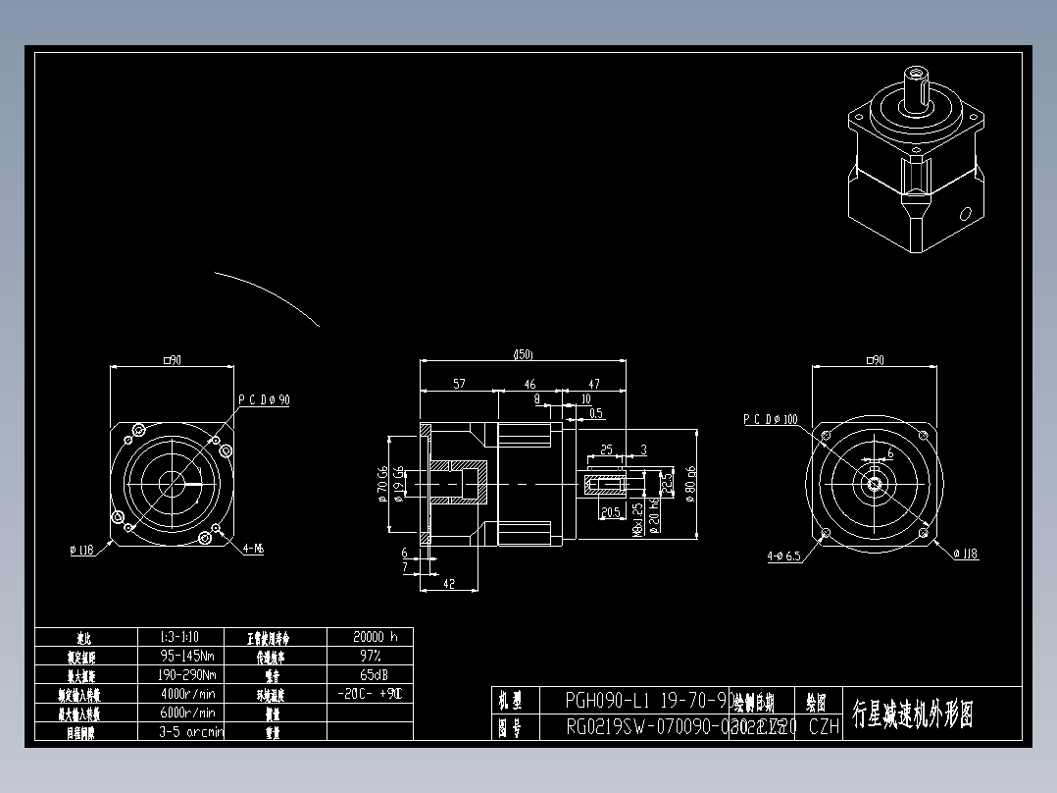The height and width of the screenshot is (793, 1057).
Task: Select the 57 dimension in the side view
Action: click(x=459, y=384)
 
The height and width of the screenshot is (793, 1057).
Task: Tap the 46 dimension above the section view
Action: click(x=529, y=384)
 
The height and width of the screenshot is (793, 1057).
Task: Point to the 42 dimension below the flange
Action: click(x=449, y=583)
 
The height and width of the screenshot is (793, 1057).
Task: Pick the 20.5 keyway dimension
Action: click(x=609, y=512)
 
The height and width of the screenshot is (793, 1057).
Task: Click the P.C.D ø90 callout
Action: click(x=264, y=399)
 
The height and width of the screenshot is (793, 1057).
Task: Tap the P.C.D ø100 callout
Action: click(x=770, y=419)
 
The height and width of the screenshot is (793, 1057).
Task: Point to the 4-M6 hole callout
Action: click(x=253, y=550)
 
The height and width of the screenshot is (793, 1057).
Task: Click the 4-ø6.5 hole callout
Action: click(x=783, y=555)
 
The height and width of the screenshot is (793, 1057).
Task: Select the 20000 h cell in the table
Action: click(x=369, y=636)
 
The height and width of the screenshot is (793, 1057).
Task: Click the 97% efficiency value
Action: click(x=369, y=655)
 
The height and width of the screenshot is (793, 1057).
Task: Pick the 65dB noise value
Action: click(x=369, y=674)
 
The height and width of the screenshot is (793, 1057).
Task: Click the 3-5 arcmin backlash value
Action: click(x=190, y=731)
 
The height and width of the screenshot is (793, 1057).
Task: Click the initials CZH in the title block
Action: click(x=824, y=727)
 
